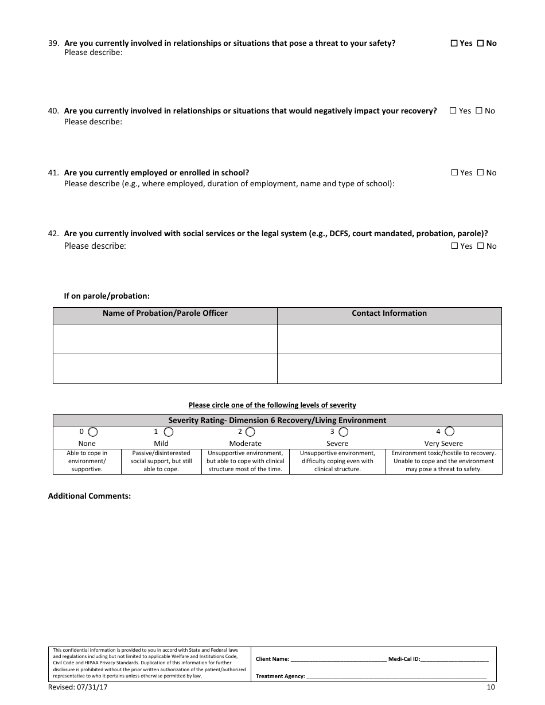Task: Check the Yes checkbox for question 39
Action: tap(454, 43)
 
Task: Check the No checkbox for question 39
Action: tap(481, 43)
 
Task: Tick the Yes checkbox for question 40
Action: tap(453, 111)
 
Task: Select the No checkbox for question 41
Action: tap(481, 173)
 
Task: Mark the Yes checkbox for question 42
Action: tap(454, 246)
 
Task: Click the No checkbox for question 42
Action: tap(481, 246)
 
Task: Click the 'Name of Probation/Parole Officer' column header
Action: tap(165, 314)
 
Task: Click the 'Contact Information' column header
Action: tap(389, 314)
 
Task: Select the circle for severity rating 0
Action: tap(92, 432)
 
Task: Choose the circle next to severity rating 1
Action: tap(165, 432)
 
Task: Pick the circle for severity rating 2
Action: tap(250, 432)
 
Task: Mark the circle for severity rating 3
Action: tap(342, 432)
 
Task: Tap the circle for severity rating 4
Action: tap(449, 432)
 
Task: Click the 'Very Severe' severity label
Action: tap(443, 444)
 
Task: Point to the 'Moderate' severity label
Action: tap(245, 444)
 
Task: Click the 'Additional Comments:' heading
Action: tap(89, 496)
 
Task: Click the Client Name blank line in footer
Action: tap(338, 660)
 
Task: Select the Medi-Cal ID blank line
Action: tap(455, 660)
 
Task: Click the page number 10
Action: tap(490, 687)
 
